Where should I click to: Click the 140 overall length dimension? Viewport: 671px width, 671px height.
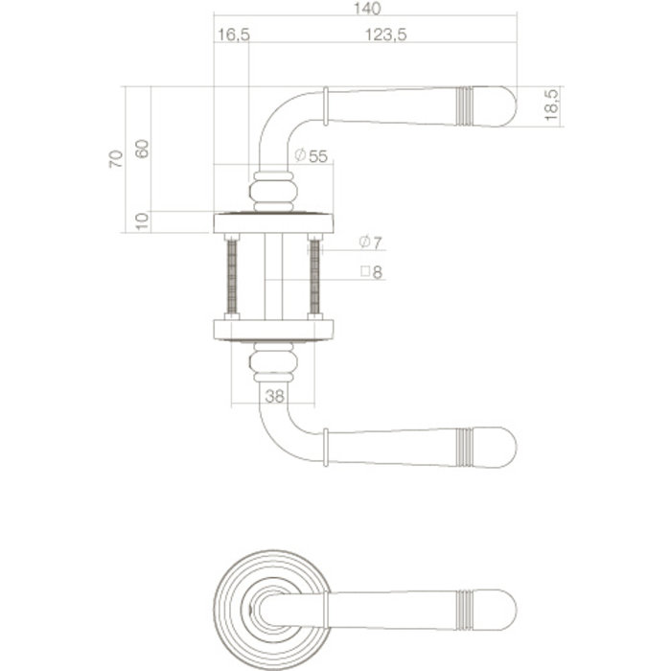(365, 9)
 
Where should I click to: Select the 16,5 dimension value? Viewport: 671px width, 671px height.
(234, 35)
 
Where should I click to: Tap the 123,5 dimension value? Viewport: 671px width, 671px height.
(388, 35)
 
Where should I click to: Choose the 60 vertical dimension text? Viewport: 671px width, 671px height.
(142, 150)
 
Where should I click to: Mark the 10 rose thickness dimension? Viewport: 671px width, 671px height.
(142, 221)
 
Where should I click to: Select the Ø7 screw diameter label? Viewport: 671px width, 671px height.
(370, 242)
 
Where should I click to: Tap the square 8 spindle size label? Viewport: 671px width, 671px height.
(371, 272)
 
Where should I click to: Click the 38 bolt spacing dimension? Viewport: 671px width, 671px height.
(272, 394)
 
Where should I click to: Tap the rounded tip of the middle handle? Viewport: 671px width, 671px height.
(502, 448)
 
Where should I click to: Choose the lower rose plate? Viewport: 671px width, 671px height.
(272, 330)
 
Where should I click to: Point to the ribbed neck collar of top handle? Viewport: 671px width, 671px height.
(272, 190)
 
